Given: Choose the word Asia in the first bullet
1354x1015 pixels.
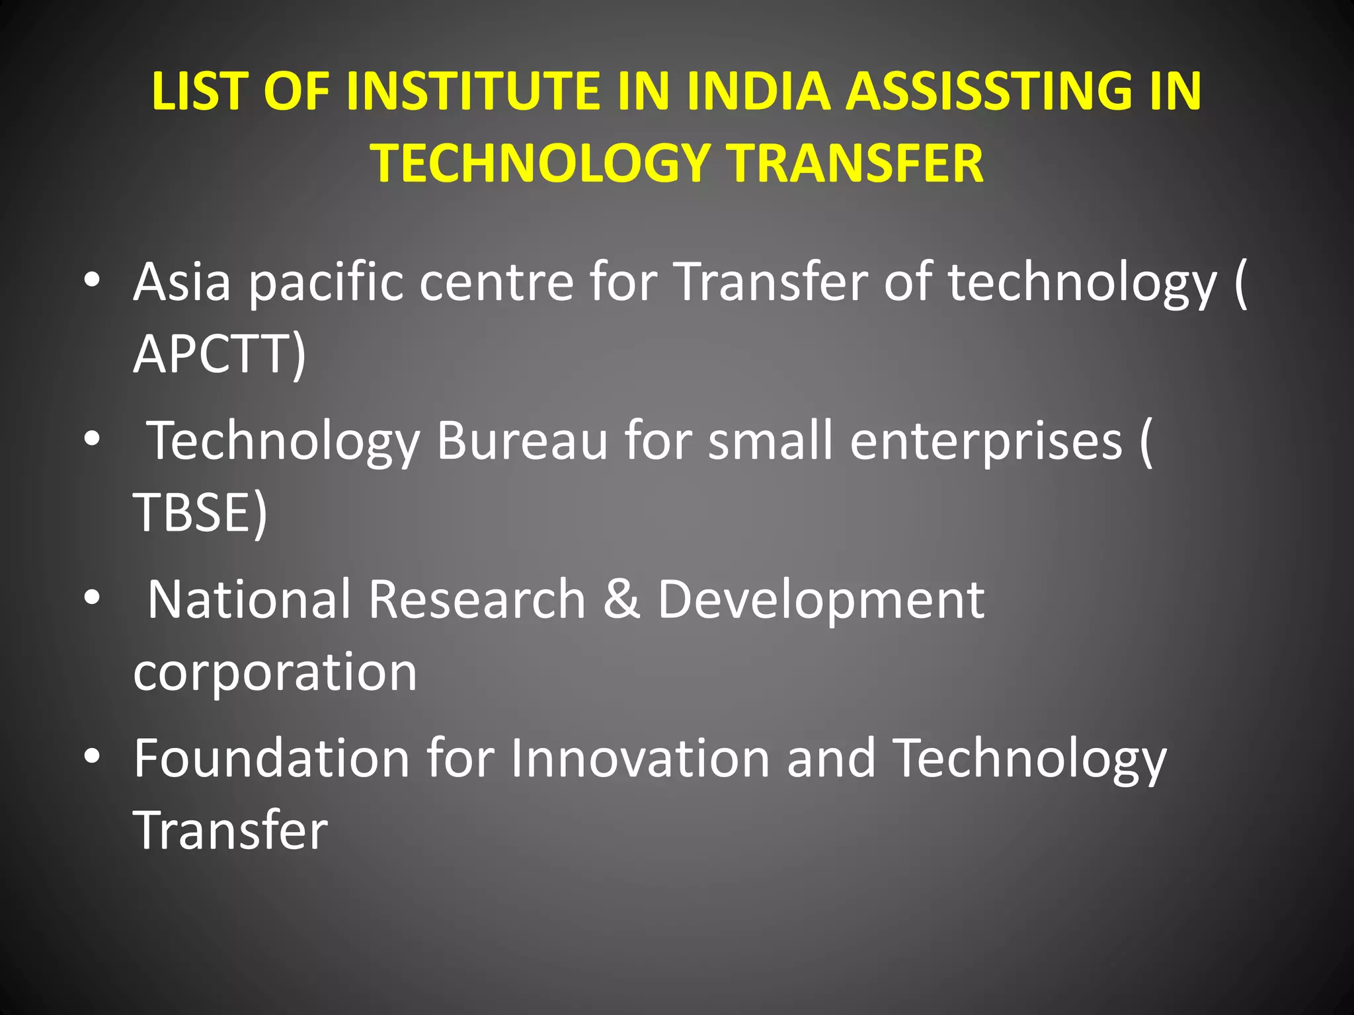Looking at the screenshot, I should pos(182,282).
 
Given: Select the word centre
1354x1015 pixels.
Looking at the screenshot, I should pos(497,282).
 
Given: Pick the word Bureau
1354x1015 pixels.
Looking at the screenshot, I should pos(522,441).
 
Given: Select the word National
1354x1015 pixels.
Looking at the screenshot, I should pos(249,599).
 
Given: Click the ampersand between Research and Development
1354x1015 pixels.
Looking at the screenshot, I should pos(621,599).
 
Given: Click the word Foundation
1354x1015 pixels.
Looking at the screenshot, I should pos(272,758).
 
